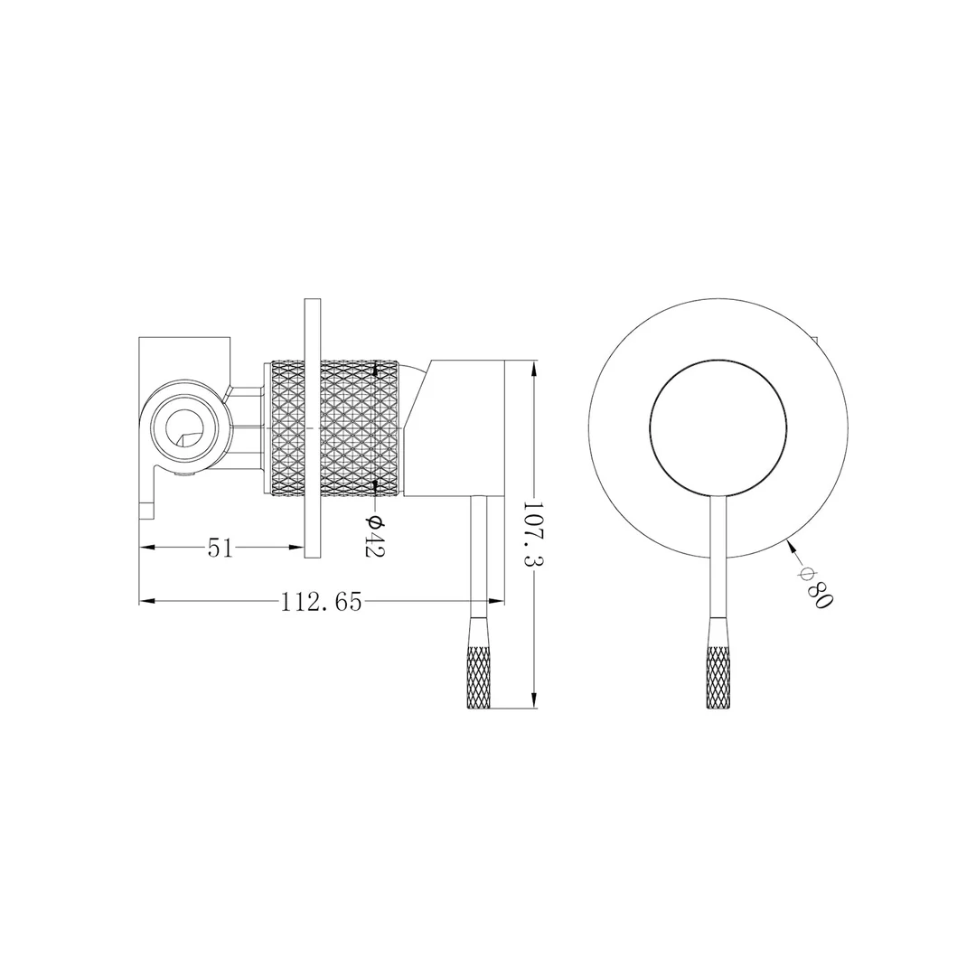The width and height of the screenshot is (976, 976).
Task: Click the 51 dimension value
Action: pyautogui.click(x=221, y=548)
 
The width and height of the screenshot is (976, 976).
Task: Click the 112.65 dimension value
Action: pyautogui.click(x=321, y=602)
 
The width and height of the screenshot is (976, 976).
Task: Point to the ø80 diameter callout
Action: pyautogui.click(x=814, y=586)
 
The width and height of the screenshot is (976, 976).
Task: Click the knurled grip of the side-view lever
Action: pyautogui.click(x=478, y=663)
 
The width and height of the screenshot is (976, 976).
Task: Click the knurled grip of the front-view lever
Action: pyautogui.click(x=718, y=663)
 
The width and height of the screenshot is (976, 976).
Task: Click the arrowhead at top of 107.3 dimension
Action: pyautogui.click(x=535, y=368)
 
